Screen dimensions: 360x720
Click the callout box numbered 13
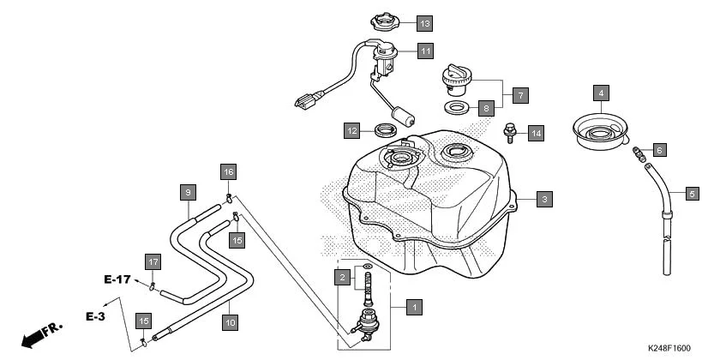426,22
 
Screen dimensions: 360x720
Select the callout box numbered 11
426,51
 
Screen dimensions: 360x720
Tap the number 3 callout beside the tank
543,200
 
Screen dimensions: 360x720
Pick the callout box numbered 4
602,93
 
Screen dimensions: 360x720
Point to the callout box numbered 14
536,133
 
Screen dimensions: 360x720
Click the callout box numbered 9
188,192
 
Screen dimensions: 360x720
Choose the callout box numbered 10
230,323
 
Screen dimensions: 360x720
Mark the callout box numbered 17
153,261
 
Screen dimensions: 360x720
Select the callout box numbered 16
229,172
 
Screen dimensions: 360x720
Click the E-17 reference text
117,279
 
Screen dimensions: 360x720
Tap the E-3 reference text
94,316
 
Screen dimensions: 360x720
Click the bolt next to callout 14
509,132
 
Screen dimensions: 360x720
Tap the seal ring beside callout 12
387,131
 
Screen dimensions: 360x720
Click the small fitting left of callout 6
639,155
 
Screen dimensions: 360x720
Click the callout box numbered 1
414,306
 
